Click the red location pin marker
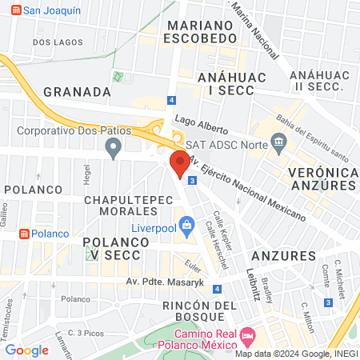(x=179, y=163)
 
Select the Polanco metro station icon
(x=25, y=233)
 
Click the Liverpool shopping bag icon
(x=186, y=225)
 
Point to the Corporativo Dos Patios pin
(x=114, y=146)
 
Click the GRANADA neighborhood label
(x=76, y=91)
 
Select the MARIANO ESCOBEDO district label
(x=201, y=33)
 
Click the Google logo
(x=27, y=350)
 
